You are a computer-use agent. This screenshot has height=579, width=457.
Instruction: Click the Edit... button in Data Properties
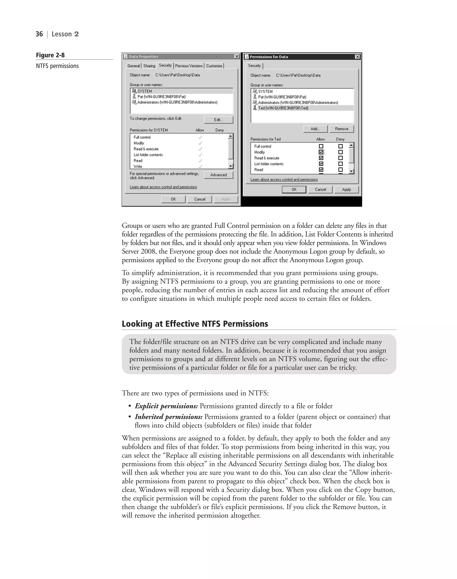click(x=218, y=120)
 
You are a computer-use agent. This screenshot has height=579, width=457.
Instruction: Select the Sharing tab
click(x=149, y=66)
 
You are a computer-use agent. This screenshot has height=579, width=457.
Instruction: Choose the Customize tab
click(x=214, y=66)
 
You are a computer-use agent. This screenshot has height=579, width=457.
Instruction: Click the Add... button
click(x=315, y=129)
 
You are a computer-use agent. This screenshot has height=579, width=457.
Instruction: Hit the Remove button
click(x=341, y=129)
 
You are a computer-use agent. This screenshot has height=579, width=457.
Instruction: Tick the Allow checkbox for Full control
click(x=321, y=146)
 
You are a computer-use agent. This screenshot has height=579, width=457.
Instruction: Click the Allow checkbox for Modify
click(x=321, y=152)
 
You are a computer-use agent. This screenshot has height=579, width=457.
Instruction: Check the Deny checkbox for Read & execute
click(x=340, y=158)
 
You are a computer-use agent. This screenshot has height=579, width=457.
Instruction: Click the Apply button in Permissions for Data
click(x=346, y=190)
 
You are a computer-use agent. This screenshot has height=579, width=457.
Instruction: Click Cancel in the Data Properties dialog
click(x=200, y=199)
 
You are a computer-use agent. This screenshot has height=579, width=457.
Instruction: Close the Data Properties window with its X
click(x=237, y=56)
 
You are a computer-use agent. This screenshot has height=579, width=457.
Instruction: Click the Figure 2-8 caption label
click(x=50, y=55)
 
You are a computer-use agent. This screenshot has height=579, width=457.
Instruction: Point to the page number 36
click(x=39, y=34)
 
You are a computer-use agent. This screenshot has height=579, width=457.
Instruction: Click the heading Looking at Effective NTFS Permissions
click(x=195, y=324)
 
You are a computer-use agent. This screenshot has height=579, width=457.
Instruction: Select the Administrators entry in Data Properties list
click(x=177, y=102)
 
